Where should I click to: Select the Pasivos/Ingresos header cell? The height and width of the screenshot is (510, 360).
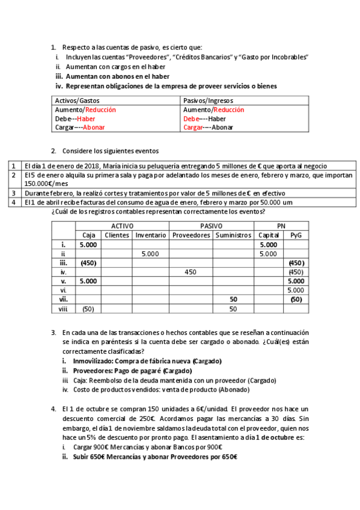208,101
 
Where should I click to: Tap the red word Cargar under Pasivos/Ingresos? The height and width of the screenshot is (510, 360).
194,127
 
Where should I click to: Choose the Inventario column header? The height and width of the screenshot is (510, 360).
150,235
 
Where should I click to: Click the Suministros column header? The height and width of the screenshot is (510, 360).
233,235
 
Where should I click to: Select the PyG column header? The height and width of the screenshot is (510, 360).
295,235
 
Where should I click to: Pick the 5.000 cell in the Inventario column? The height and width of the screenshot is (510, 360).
150,254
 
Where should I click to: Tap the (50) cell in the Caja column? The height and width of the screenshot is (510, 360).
88,309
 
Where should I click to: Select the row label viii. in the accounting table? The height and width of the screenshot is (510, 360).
63,309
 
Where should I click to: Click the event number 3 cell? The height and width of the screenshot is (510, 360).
13,193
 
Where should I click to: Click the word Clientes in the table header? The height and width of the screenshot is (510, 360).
117,235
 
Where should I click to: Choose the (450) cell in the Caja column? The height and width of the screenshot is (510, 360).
88,263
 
